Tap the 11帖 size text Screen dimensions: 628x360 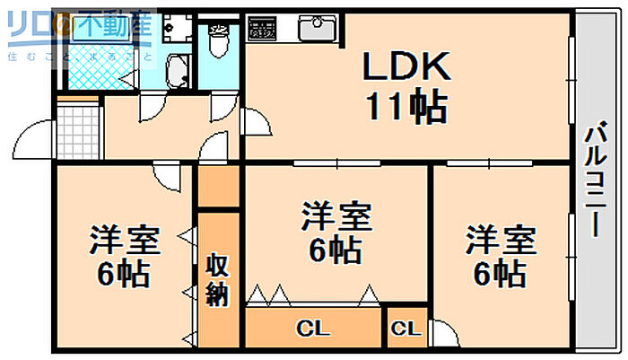pos(406,108)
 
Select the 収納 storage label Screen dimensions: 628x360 pos(217,280)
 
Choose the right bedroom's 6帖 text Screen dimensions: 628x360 pos(501,270)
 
